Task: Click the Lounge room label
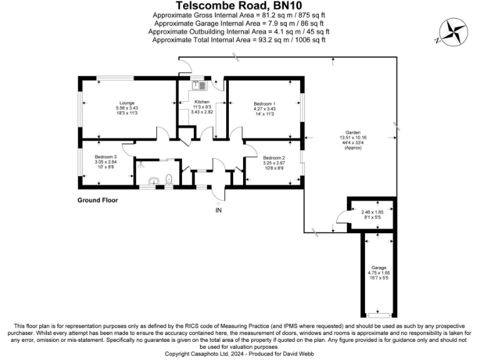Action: point(127,102)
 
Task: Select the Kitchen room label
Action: point(201,102)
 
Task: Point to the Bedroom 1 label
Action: point(264,103)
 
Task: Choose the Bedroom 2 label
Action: point(274,157)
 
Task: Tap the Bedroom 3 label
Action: point(106,157)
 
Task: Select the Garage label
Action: point(379,267)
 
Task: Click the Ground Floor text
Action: point(97,201)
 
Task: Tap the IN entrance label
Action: point(219,210)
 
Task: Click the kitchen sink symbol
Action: point(196,85)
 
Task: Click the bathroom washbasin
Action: point(153,182)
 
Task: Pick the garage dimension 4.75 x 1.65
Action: point(379,272)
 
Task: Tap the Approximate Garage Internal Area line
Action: point(239,23)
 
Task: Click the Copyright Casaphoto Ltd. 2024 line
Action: point(239,352)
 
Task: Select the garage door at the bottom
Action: point(379,314)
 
